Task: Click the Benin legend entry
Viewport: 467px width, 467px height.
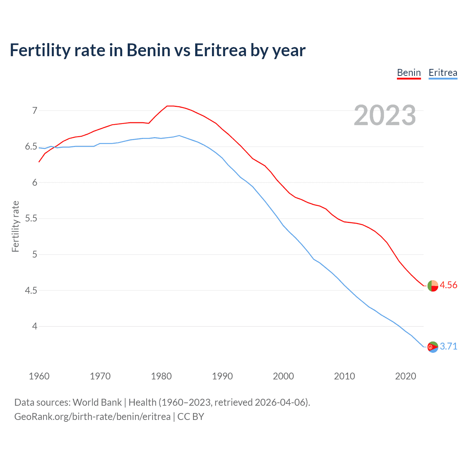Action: (409, 73)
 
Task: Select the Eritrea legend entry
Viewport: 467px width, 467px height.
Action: (443, 73)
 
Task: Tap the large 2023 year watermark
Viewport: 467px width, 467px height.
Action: (385, 115)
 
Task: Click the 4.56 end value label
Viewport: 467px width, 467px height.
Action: (448, 285)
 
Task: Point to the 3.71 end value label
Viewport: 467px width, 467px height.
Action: (448, 346)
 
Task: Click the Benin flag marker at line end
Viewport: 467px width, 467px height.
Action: (433, 286)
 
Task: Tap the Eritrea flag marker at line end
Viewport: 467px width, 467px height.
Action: (433, 347)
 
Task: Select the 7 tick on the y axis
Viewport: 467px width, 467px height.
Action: (35, 111)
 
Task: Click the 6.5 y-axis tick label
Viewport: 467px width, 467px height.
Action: (31, 147)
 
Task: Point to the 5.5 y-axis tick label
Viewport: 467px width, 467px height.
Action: (31, 219)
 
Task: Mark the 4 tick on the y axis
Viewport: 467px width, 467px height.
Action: (35, 326)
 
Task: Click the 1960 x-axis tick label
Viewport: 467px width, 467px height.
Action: (39, 376)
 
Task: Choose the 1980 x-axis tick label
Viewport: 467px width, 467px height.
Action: (161, 376)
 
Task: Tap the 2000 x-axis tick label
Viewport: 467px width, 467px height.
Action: (283, 376)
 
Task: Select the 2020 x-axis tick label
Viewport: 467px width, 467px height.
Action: (405, 376)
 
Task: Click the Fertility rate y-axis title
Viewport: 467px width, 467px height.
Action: (15, 226)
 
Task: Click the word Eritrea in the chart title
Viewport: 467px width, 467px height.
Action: (220, 50)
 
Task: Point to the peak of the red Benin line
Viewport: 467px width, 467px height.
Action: (170, 106)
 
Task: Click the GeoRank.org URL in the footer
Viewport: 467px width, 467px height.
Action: (92, 417)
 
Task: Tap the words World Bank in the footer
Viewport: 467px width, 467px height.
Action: (97, 402)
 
